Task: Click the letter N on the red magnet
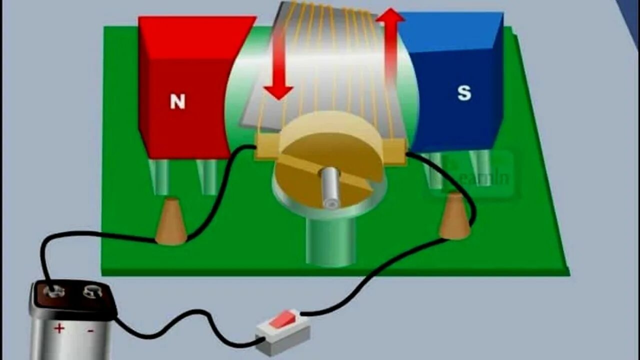[x=177, y=101]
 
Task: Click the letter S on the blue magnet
[x=464, y=93]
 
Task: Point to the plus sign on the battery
[x=59, y=328]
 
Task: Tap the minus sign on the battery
[x=90, y=330]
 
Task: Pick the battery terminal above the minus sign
[x=92, y=291]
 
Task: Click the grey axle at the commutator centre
[x=330, y=187]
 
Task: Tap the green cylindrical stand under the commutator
[x=330, y=242]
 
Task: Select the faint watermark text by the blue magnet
[x=482, y=177]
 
